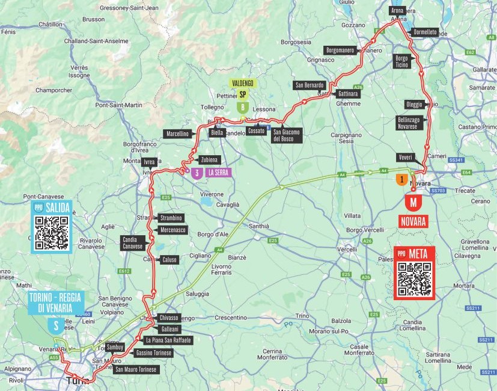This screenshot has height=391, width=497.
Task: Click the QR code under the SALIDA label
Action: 52,233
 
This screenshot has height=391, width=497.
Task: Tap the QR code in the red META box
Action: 415,279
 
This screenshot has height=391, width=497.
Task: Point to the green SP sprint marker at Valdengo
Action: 242,94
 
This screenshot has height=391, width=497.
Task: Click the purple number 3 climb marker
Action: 197,173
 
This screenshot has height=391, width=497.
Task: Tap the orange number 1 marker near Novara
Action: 400,179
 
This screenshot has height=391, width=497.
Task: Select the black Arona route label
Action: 397,11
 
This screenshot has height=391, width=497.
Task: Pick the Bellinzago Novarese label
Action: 411,123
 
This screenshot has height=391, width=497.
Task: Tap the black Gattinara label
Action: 348,94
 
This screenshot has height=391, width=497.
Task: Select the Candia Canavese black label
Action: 133,243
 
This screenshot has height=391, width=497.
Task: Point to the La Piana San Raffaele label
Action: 168,340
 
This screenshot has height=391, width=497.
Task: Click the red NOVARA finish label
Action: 413,221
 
